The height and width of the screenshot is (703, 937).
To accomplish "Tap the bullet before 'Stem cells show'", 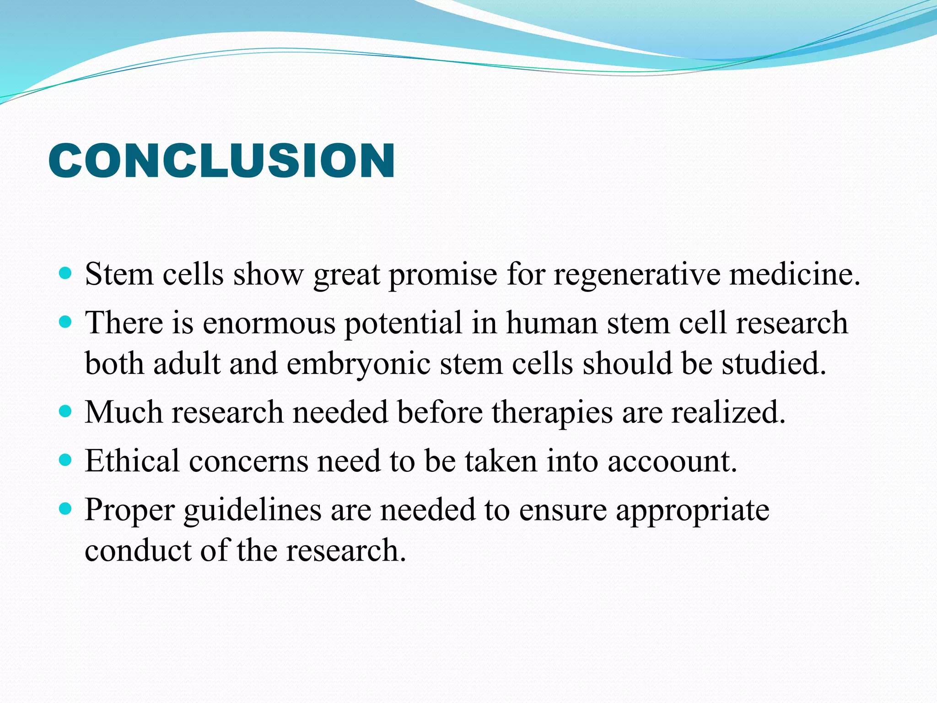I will [x=66, y=274].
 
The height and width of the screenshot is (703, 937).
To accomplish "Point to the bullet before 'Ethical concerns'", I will [x=66, y=460].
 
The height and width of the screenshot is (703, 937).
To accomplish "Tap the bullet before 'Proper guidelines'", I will [x=66, y=509].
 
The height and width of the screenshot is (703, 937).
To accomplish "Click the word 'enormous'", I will [x=269, y=323].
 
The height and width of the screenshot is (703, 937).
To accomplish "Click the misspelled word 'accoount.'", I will [x=672, y=460].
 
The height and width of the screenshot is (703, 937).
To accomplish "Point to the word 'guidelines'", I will [x=253, y=510].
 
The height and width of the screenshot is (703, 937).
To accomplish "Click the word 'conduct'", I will [x=138, y=550].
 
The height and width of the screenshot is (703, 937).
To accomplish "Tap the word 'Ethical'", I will [x=132, y=460].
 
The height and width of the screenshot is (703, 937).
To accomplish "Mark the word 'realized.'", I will [x=728, y=412].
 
